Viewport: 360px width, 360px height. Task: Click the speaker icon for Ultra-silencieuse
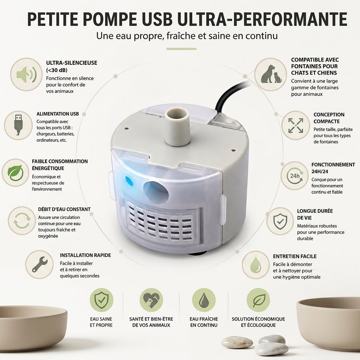pyautogui.click(x=26, y=75)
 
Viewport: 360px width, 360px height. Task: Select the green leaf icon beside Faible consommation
pyautogui.click(x=15, y=173)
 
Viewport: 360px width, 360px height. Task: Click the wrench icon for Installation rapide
pyautogui.click(x=39, y=264)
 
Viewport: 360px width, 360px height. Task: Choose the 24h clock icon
pyautogui.click(x=295, y=176)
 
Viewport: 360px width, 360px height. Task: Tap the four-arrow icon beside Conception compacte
pyautogui.click(x=296, y=126)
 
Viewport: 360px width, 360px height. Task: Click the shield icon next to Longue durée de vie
pyautogui.click(x=280, y=221)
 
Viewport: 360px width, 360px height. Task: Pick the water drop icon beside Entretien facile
pyautogui.click(x=256, y=265)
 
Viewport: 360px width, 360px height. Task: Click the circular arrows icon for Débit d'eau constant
pyautogui.click(x=22, y=221)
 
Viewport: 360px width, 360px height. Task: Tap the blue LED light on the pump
pyautogui.click(x=129, y=181)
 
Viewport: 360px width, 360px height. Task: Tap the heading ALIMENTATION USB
pyautogui.click(x=58, y=114)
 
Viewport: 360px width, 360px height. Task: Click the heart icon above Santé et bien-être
pyautogui.click(x=151, y=300)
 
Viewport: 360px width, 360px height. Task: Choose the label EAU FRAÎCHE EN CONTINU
pyautogui.click(x=204, y=322)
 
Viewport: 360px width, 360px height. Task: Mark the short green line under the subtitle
pyautogui.click(x=181, y=49)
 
